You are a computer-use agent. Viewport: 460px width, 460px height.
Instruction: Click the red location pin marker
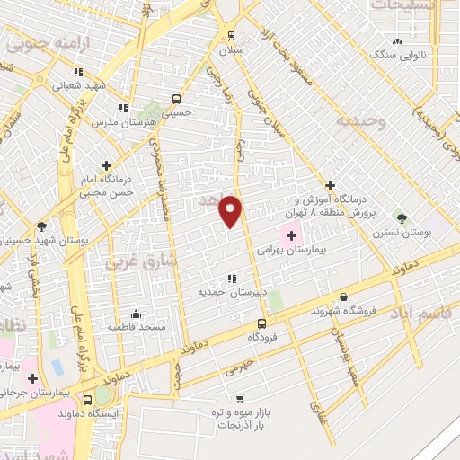tap(231, 211)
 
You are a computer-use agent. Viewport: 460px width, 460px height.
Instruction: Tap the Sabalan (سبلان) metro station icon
tap(231, 37)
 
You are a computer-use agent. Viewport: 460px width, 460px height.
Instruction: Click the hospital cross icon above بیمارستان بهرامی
tap(291, 234)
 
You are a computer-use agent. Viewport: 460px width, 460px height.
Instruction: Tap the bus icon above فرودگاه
tap(261, 323)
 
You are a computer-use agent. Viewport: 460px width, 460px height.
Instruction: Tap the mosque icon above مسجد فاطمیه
tap(136, 314)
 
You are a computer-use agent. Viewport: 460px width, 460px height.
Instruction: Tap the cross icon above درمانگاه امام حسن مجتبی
tap(107, 165)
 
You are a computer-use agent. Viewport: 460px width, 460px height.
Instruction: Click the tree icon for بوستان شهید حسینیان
tap(41, 226)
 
